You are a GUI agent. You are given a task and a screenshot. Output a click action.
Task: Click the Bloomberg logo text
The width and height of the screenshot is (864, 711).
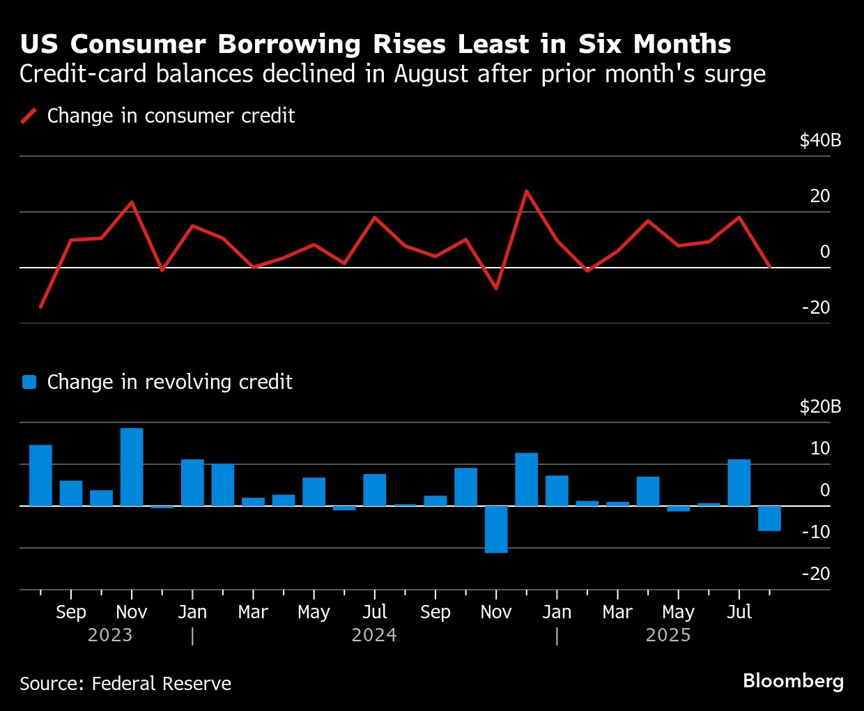(x=793, y=680)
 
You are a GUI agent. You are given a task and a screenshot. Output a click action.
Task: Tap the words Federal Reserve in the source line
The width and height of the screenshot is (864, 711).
(x=161, y=683)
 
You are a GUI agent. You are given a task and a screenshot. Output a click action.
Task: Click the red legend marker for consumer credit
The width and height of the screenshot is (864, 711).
(x=29, y=116)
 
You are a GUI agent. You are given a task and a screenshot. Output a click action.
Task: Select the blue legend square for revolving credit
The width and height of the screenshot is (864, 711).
(x=29, y=382)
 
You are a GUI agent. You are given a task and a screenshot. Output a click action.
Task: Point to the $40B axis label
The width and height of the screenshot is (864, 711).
(x=820, y=141)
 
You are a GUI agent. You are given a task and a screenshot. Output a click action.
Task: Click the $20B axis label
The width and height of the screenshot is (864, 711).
(x=820, y=406)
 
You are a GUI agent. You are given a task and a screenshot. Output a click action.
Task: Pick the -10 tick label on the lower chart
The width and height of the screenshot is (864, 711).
(x=816, y=532)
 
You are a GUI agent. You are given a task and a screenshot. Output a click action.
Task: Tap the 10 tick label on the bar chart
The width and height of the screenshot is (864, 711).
(x=820, y=448)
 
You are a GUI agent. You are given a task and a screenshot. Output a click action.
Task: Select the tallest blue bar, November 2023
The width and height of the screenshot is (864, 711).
(x=132, y=466)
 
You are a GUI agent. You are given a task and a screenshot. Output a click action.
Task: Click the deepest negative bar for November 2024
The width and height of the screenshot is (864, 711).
(x=496, y=529)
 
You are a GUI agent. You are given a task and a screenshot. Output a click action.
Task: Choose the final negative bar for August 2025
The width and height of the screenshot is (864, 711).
(x=769, y=519)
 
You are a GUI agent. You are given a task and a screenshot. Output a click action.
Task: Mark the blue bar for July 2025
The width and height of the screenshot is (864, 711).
(x=739, y=482)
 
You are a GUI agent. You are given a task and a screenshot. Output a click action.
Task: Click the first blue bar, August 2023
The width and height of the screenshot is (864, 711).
(x=40, y=475)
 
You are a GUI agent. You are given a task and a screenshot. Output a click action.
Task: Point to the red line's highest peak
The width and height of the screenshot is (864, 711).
(x=526, y=190)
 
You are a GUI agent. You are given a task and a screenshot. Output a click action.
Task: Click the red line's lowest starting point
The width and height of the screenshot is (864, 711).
(x=40, y=307)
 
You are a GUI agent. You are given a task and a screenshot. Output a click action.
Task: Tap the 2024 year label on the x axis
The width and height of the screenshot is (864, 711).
(x=374, y=635)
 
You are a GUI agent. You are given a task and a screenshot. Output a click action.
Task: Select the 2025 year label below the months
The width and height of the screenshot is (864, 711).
(x=668, y=635)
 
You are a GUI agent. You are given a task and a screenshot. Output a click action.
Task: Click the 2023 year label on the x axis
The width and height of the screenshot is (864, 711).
(x=110, y=635)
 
